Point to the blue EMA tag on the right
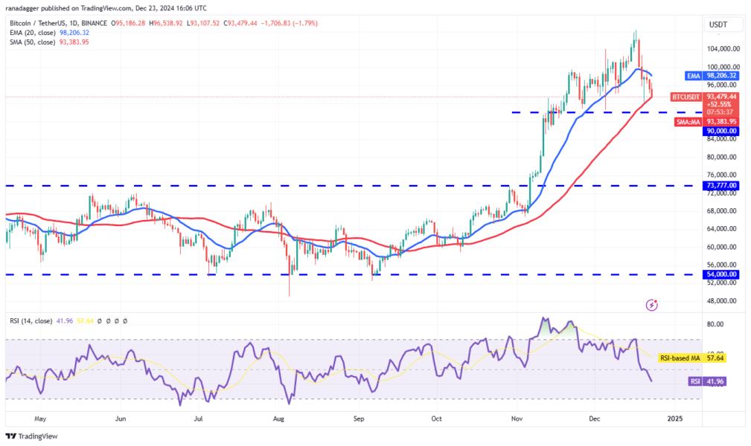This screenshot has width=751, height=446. click(693, 75)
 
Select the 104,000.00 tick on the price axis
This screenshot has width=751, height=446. click(723, 49)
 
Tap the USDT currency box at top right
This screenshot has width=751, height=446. click(718, 25)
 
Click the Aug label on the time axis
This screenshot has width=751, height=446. click(279, 419)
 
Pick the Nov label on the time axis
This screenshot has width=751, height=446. click(516, 419)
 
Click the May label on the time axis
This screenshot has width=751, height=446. click(41, 419)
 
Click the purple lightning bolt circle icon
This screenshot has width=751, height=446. click(652, 305)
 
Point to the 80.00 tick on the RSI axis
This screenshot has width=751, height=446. click(715, 324)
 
